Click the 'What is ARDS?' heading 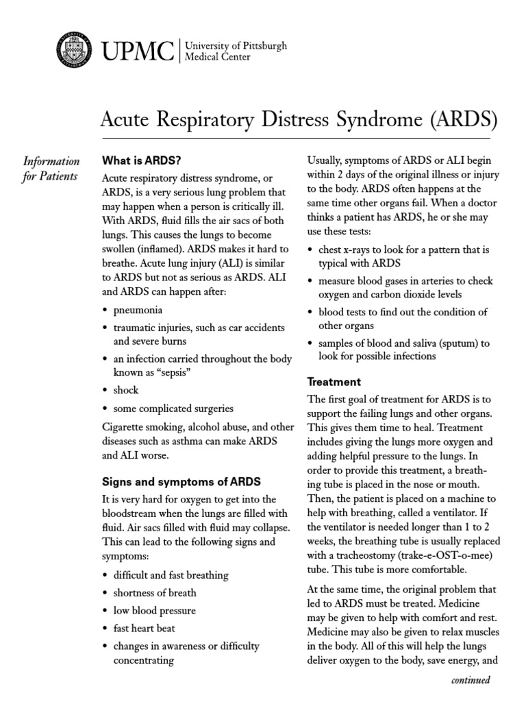pos(141,161)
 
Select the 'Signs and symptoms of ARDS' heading pos(181,481)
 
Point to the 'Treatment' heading pos(334,381)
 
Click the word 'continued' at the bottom pos(471,681)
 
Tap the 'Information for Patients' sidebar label pos(51,169)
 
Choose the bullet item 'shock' pos(125,390)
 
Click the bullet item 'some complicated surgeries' pos(173,408)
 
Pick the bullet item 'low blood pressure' pos(154,610)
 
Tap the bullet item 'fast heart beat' pos(144,628)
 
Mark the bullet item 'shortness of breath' pos(155,592)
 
